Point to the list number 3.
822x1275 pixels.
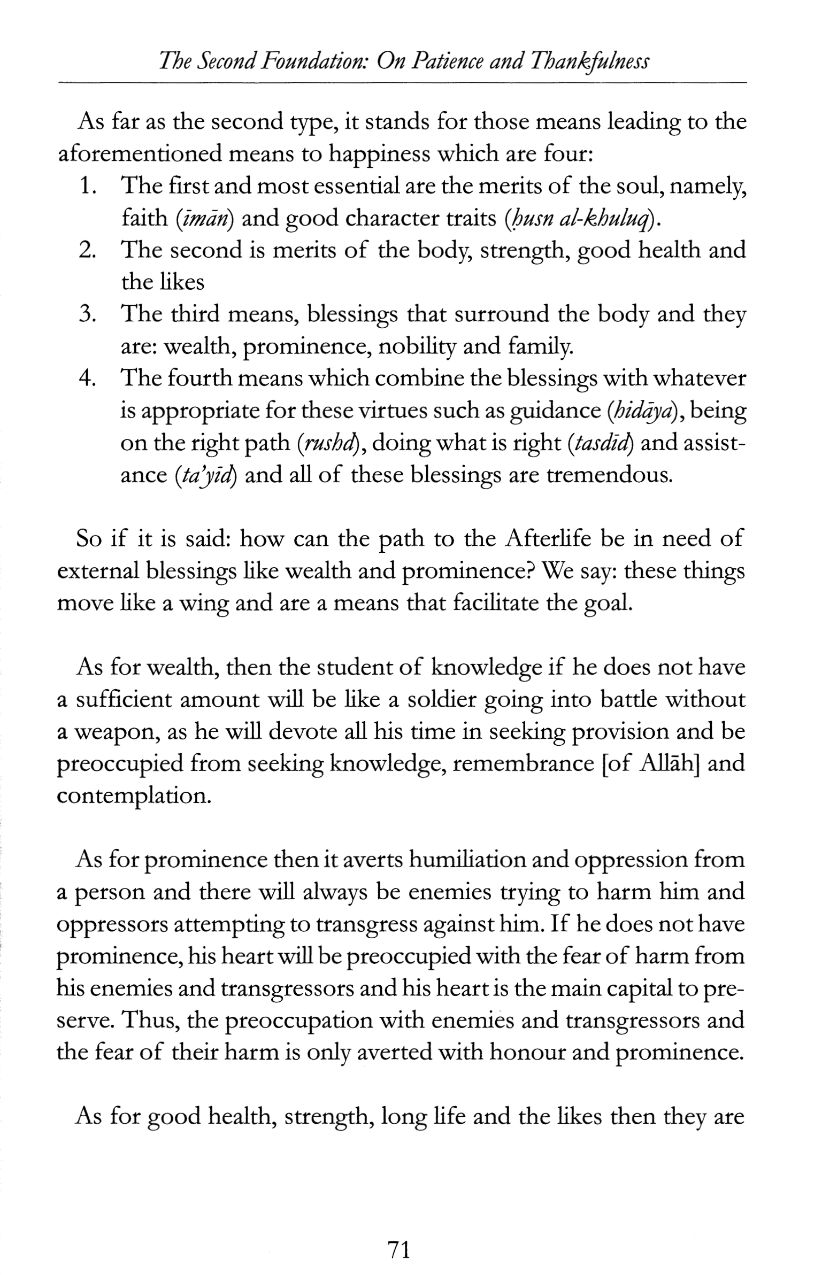click(87, 314)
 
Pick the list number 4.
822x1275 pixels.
click(87, 378)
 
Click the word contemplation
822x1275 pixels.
click(133, 796)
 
